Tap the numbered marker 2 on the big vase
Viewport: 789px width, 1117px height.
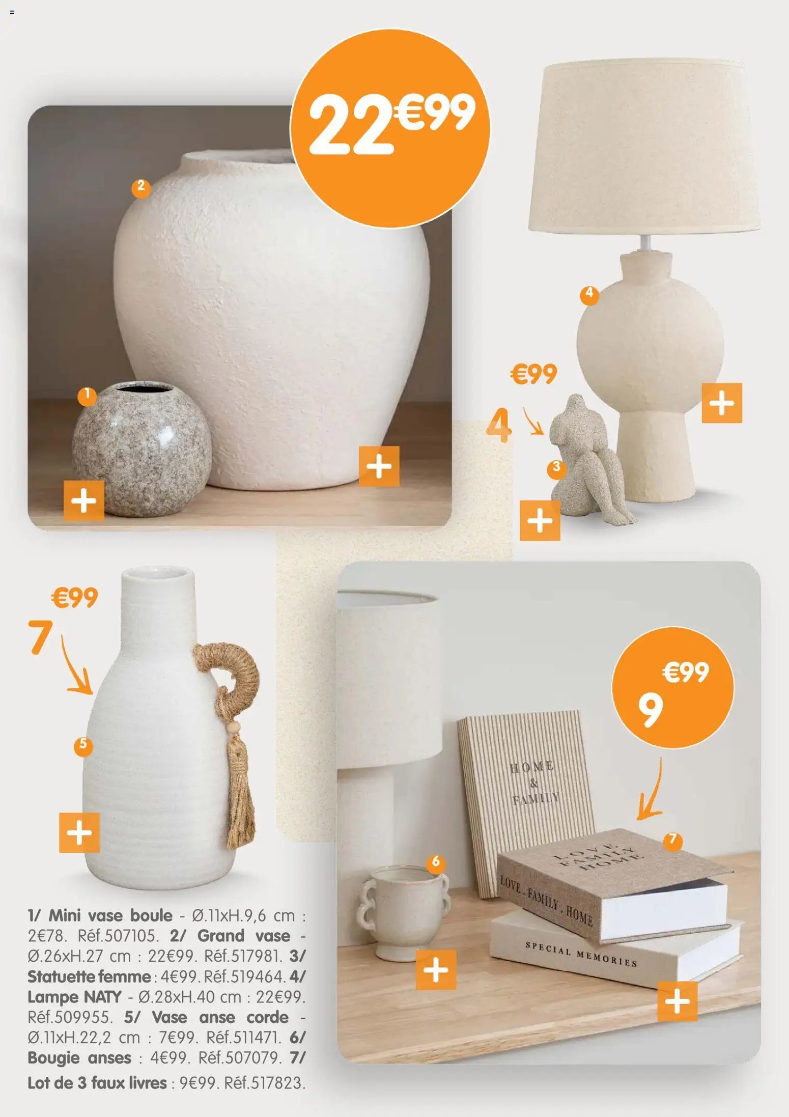click(141, 187)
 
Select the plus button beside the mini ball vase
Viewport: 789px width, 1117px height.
click(84, 500)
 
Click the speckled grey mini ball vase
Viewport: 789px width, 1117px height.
click(142, 449)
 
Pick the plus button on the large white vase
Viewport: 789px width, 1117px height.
click(379, 466)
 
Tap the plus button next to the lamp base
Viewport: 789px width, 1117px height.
click(721, 403)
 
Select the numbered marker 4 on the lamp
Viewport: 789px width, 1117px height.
click(589, 294)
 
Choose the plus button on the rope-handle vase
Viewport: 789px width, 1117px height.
click(79, 832)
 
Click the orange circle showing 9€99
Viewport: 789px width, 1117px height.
click(672, 687)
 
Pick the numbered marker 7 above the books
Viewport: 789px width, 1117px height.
click(672, 839)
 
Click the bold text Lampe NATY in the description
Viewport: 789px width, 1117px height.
click(74, 997)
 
